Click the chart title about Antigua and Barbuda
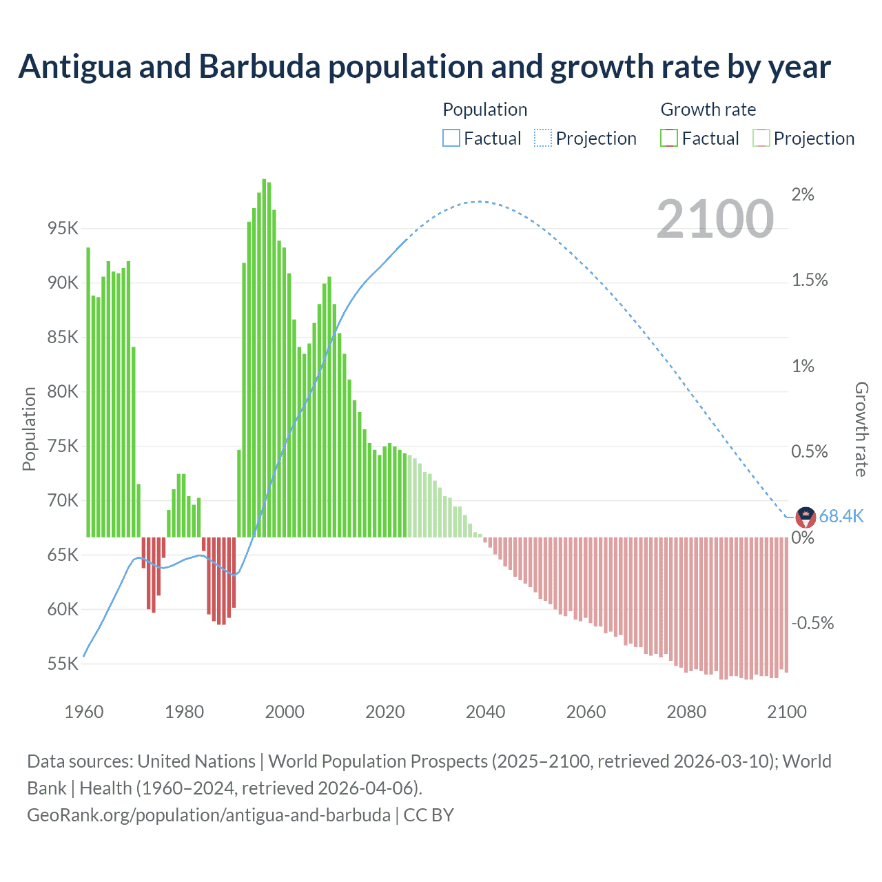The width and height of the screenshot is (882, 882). pos(424,67)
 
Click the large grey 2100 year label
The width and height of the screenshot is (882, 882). pos(715,219)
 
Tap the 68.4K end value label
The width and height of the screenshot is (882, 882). pos(841,516)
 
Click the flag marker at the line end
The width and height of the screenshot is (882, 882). pos(806,517)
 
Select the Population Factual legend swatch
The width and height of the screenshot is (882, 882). pos(451,138)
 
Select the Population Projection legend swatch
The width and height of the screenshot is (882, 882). pos(543,138)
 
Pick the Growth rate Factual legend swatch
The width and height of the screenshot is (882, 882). pos(669,138)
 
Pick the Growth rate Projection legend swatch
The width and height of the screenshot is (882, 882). pos(761,138)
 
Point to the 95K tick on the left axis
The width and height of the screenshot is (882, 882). pos(63,228)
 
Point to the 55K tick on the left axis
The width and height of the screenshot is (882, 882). pos(63,664)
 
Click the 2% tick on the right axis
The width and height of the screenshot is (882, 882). pos(803,194)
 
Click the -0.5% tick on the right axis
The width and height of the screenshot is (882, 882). pos(812,623)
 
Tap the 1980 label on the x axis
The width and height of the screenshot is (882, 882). pos(184,711)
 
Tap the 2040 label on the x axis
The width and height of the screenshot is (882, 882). pos(485,711)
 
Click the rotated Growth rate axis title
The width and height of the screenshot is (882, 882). pos(861,429)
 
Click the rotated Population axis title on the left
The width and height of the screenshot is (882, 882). pos(29,429)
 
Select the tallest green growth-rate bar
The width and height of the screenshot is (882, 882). pos(264,358)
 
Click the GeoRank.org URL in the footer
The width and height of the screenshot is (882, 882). pos(209,814)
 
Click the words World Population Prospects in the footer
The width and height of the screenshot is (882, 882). pos(378,761)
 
